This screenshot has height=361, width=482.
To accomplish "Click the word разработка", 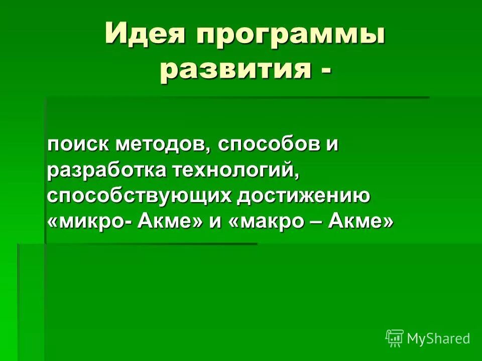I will (x=107, y=170).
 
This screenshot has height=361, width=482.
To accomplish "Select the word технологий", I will (x=236, y=170).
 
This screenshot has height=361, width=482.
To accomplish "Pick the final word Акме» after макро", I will (x=360, y=222).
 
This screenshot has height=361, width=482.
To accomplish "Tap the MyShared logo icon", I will (x=394, y=338).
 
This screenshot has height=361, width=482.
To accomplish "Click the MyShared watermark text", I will (x=438, y=339).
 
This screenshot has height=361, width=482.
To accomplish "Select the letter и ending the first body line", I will (x=333, y=144).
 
